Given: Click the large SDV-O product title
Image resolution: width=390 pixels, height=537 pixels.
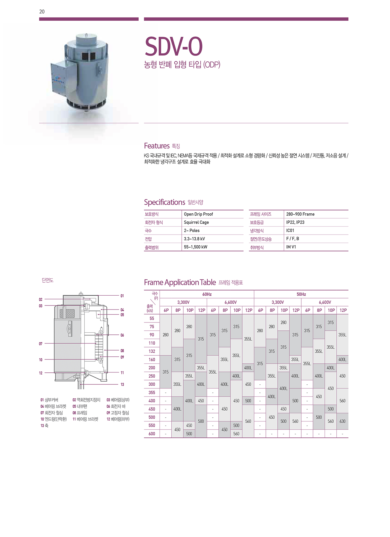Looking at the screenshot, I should [x=173, y=47].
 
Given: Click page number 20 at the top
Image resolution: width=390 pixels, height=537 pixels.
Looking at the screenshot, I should [x=42, y=12].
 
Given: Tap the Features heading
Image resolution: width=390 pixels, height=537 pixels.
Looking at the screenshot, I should [x=157, y=146].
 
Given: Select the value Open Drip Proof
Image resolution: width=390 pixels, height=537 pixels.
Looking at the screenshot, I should [x=198, y=214].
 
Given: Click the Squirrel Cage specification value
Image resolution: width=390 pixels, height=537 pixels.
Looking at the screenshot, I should [x=196, y=222].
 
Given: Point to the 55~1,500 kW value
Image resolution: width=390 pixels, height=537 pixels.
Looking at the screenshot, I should [x=195, y=247].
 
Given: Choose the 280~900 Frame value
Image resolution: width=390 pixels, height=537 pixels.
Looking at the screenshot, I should [x=300, y=214].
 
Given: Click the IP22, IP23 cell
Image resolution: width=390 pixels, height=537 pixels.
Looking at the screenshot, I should [x=295, y=222].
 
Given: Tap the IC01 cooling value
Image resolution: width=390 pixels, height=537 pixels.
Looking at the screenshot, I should [x=290, y=231].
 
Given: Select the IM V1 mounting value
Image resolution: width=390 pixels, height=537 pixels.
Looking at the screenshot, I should [x=291, y=247].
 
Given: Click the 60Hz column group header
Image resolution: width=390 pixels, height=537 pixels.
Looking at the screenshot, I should [x=207, y=294].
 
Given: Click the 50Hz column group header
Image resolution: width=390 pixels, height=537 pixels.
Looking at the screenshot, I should [x=301, y=294].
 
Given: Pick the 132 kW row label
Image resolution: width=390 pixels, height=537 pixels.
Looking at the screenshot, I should [x=152, y=351].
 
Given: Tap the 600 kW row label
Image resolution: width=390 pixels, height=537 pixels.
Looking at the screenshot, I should [x=152, y=434].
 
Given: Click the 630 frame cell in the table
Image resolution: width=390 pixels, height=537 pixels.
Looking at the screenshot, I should [x=342, y=421].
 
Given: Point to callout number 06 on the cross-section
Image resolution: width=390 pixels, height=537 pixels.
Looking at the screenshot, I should [x=122, y=335].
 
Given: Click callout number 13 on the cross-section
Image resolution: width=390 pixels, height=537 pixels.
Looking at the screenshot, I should [x=122, y=384].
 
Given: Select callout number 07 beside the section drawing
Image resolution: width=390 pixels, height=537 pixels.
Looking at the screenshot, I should [x=41, y=344].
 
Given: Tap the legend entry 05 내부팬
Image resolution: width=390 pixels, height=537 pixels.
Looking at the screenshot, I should [x=80, y=406].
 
